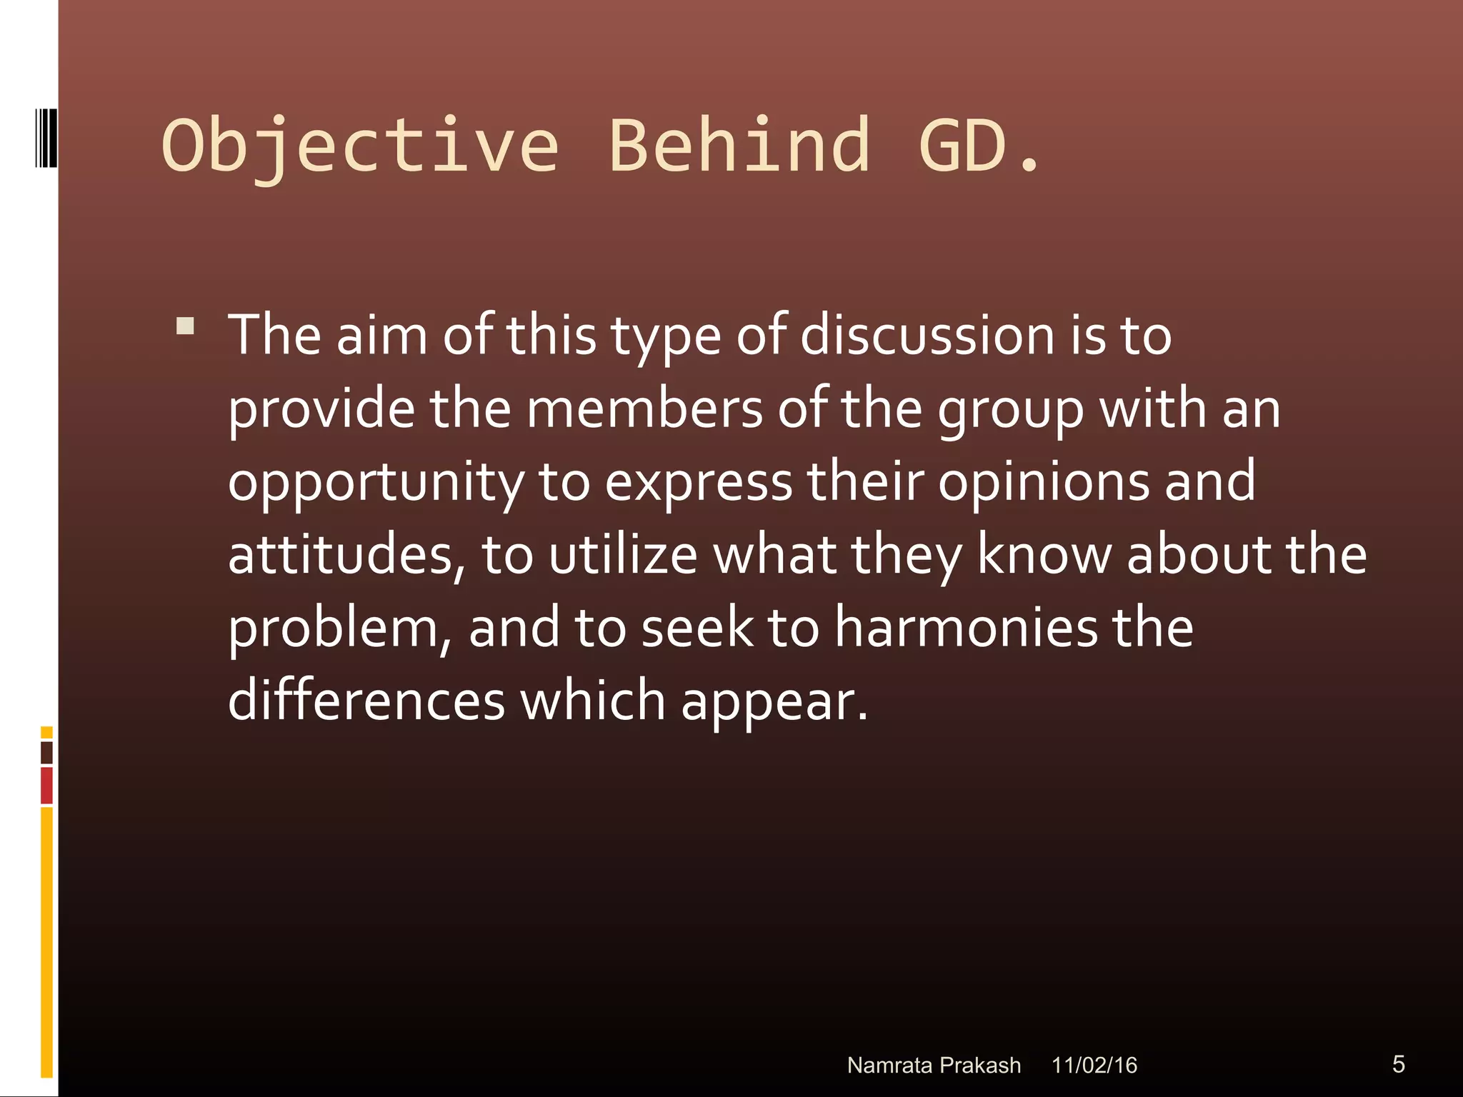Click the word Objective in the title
tap(361, 147)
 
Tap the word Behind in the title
tap(739, 146)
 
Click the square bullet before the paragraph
tap(185, 326)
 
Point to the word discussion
tap(927, 336)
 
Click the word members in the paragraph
tap(644, 409)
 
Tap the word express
tap(699, 482)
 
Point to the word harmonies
tap(966, 628)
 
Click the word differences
tap(366, 701)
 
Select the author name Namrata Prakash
tap(934, 1065)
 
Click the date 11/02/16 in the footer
tap(1094, 1065)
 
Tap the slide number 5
tap(1398, 1063)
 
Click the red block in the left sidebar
tap(46, 785)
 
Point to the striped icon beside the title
tap(45, 138)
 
